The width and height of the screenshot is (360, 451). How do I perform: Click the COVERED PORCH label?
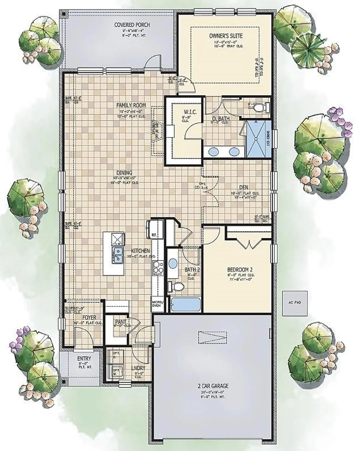[x=132, y=25]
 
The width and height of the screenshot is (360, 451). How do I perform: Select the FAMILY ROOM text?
[x=131, y=105]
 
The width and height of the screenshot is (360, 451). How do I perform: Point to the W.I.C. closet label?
[x=188, y=112]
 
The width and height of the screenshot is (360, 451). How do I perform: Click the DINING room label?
[x=124, y=173]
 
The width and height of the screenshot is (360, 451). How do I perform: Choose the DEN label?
[x=244, y=187]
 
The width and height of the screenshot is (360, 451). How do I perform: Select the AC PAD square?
[x=294, y=303]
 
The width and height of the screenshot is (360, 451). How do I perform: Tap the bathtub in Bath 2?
[x=185, y=304]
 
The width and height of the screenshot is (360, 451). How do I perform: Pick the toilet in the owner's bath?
[x=264, y=107]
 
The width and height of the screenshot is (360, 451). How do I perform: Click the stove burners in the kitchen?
[x=158, y=268]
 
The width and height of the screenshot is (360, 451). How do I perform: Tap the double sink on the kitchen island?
[x=118, y=255]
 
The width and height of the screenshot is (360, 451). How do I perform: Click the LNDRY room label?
[x=138, y=368]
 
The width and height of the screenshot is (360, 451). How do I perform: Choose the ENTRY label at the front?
[x=84, y=359]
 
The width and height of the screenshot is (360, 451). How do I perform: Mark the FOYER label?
[x=89, y=318]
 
